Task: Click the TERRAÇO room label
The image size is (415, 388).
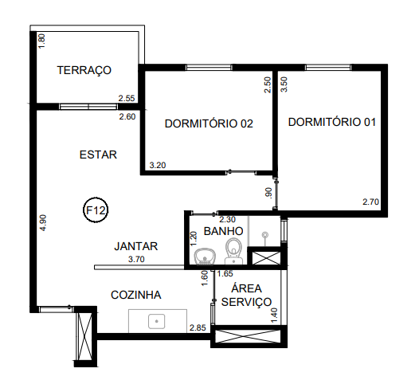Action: (84, 71)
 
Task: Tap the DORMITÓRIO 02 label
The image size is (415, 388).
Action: (209, 123)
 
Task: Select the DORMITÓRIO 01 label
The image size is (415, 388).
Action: (331, 123)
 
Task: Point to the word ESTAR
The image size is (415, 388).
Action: (99, 155)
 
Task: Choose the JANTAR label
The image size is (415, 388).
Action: (136, 246)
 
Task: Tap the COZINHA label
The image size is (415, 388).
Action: (135, 295)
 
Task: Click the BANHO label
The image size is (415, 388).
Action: (223, 232)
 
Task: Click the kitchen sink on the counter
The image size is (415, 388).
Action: (157, 321)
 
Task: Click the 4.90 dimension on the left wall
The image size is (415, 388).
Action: (43, 223)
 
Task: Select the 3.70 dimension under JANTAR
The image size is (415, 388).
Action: (136, 260)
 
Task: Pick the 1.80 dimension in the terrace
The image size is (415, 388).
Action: (42, 41)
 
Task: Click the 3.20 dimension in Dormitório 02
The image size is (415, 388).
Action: (158, 166)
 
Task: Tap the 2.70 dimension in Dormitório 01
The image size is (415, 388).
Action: (370, 202)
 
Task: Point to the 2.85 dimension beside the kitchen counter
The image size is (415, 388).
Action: (197, 327)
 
